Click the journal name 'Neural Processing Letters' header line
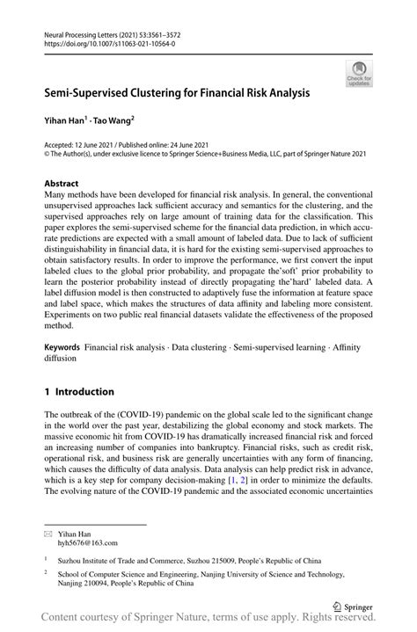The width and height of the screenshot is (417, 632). pyautogui.click(x=123, y=31)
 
